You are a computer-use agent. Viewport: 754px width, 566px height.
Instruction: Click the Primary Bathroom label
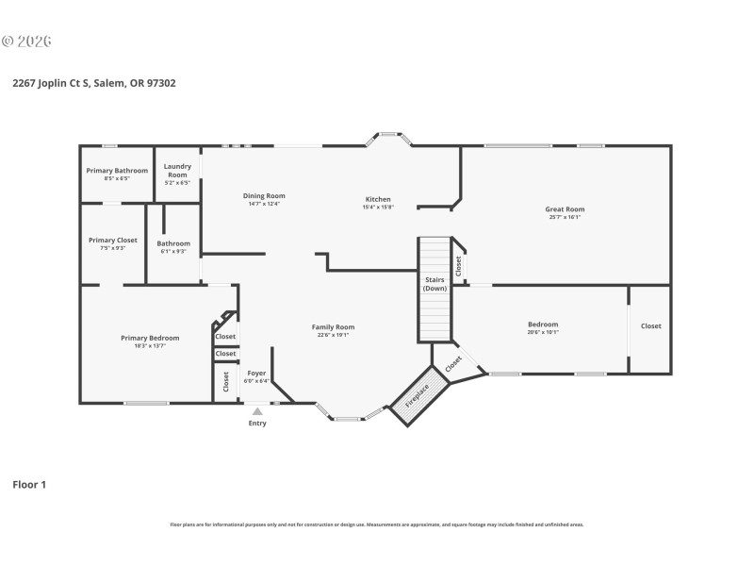point(117,171)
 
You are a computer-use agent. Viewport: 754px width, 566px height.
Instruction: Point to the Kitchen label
point(378,199)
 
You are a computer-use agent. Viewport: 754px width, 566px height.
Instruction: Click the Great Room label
point(565,209)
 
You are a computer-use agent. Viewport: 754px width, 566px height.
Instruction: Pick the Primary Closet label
point(113,241)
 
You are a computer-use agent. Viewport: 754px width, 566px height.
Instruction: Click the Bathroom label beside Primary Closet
point(173,243)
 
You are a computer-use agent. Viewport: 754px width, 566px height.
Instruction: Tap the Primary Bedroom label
point(150,338)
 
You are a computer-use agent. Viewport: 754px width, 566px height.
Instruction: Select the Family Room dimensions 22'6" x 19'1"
point(334,335)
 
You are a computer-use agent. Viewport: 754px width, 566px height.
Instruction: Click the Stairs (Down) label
point(434,284)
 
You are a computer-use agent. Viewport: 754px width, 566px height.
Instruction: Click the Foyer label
point(255,374)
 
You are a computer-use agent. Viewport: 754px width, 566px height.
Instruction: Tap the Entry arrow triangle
point(257,411)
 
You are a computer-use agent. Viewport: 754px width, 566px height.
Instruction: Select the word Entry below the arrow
point(257,424)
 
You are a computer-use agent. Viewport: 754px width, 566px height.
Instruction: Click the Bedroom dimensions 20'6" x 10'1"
point(543,332)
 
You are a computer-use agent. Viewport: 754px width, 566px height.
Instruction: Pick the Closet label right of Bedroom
point(651,326)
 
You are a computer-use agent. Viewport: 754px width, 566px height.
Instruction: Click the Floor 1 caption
point(29,485)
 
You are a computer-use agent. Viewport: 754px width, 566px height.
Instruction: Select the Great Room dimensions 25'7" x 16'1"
point(565,217)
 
